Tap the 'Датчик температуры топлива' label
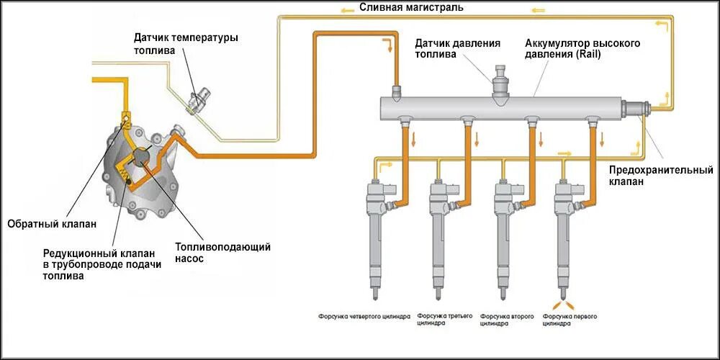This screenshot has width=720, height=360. point(185,44)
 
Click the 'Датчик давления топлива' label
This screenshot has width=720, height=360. point(457,49)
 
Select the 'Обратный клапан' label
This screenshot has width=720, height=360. point(51,224)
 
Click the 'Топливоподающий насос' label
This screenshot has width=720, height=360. point(222,252)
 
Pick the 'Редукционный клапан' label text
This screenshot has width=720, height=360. point(102,264)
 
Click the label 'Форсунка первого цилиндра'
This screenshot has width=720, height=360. point(570,320)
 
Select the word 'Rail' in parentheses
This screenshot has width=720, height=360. point(588,54)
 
